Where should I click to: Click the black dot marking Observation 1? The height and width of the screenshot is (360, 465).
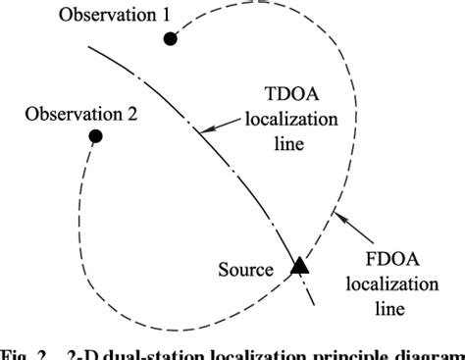pos(171,38)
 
